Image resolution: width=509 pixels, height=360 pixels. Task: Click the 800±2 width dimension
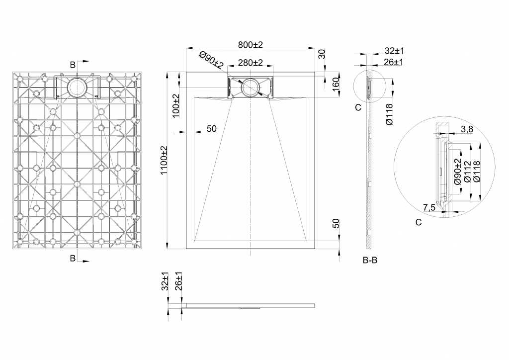pos(251,45)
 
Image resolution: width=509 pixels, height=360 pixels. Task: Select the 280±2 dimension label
pos(251,62)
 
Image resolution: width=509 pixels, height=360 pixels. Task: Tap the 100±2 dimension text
pos(175,106)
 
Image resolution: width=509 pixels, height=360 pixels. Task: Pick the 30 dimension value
pos(322,54)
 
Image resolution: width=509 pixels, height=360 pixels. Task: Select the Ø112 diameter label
pos(467,172)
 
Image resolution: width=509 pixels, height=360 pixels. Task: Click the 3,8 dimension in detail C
pos(467,129)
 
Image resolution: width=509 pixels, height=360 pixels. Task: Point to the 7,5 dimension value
pos(429,207)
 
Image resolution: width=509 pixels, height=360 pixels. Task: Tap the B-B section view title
pos(370,261)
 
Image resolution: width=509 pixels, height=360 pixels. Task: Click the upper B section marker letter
pos(73,65)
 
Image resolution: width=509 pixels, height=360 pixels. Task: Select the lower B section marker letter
pos(73,258)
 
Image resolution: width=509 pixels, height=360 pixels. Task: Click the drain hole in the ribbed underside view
pos(77,87)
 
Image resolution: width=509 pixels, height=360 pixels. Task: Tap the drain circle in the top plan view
pos(251,88)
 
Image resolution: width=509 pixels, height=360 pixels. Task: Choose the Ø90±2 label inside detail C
pos(458,172)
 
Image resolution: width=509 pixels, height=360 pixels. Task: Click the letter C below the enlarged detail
pos(419,222)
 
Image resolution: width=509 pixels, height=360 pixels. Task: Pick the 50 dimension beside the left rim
pos(212,129)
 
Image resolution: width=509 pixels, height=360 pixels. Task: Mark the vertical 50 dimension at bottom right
pos(336,223)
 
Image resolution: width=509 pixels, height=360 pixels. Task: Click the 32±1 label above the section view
pos(394,51)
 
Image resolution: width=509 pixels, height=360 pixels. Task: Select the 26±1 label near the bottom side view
pos(178,281)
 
